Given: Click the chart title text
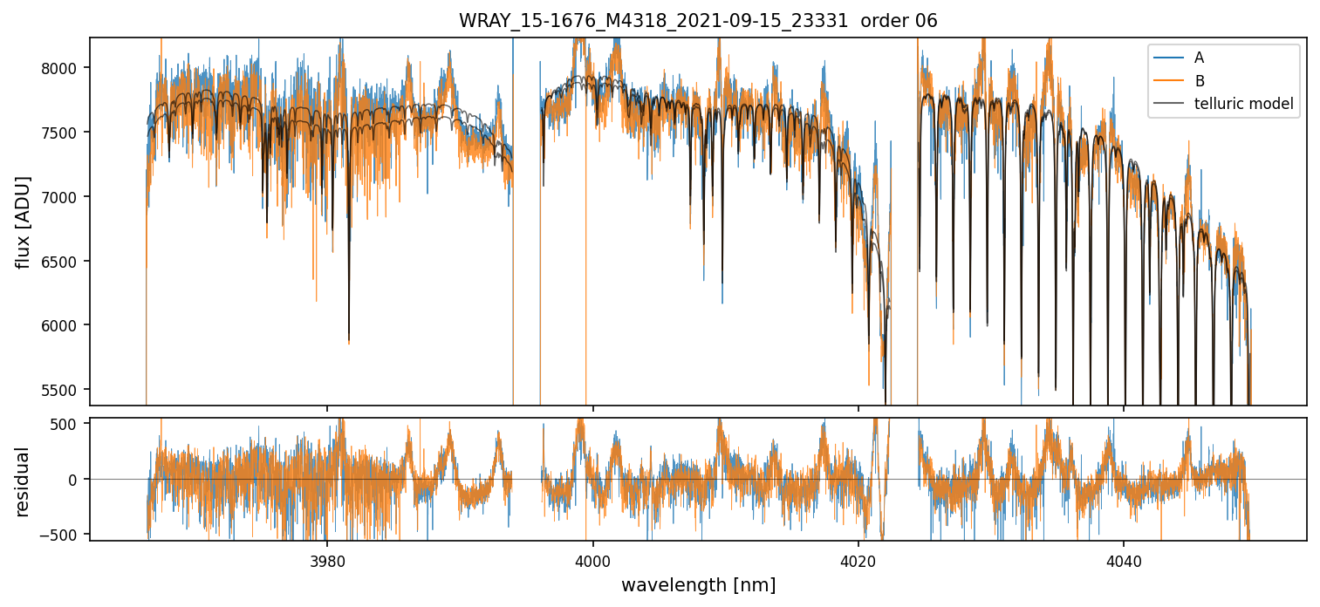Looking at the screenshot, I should click(x=698, y=21).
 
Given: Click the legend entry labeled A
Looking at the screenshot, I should click(x=1199, y=58).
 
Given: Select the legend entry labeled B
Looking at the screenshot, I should click(x=1199, y=82).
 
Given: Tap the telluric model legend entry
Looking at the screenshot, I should click(x=1243, y=106).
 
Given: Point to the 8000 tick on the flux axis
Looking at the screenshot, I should click(x=64, y=68).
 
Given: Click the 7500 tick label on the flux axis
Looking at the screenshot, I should click(x=64, y=133).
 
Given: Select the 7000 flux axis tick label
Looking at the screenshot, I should click(x=64, y=197).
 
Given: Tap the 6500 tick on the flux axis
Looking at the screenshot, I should click(x=64, y=262).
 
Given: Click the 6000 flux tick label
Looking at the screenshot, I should click(x=64, y=325).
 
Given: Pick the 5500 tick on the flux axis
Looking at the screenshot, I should click(x=64, y=390).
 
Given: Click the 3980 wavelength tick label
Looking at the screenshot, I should click(x=327, y=558).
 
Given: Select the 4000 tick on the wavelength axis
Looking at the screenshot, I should click(x=592, y=558).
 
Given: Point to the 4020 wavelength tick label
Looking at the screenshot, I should click(x=858, y=558).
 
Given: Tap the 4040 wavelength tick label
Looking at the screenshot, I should click(x=1123, y=558).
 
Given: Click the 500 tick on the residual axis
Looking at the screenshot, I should click(x=70, y=424).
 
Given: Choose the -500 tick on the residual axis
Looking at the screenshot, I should click(x=66, y=534).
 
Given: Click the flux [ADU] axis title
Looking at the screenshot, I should click(x=23, y=222).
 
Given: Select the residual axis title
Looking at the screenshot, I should click(x=23, y=481).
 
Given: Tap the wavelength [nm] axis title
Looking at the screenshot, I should click(x=698, y=585).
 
